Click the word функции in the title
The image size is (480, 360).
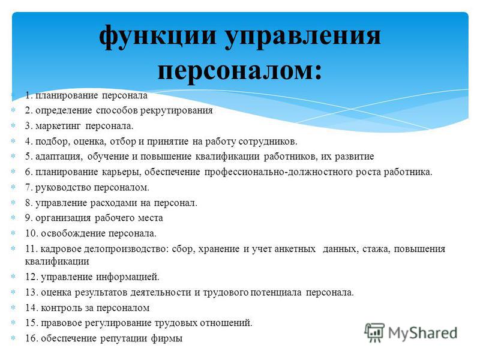[x=158, y=36]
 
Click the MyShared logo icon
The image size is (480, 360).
[x=374, y=333]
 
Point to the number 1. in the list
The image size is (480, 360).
[x=29, y=95]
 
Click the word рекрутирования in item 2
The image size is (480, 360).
[x=176, y=110]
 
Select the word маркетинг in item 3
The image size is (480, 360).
[x=58, y=126]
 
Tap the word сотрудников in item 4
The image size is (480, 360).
[x=267, y=142]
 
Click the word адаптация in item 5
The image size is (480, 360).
[x=59, y=157]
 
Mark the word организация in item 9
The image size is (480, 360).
[x=63, y=218]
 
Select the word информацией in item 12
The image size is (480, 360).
[x=128, y=277]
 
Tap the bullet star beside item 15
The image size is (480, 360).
[x=13, y=323]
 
